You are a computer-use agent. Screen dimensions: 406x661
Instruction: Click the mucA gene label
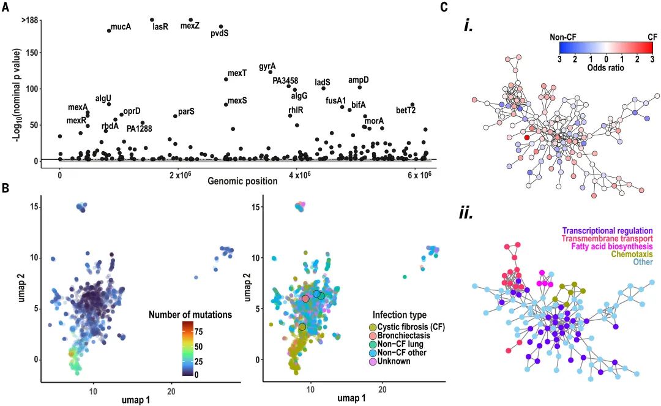click(121, 27)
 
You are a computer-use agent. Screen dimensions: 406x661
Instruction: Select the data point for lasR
click(152, 20)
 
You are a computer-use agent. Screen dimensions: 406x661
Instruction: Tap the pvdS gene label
click(220, 34)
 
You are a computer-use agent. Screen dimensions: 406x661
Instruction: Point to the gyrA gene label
click(267, 66)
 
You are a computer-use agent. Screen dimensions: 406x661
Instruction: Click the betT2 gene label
click(406, 111)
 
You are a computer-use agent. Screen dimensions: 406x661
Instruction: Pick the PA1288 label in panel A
click(140, 129)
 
